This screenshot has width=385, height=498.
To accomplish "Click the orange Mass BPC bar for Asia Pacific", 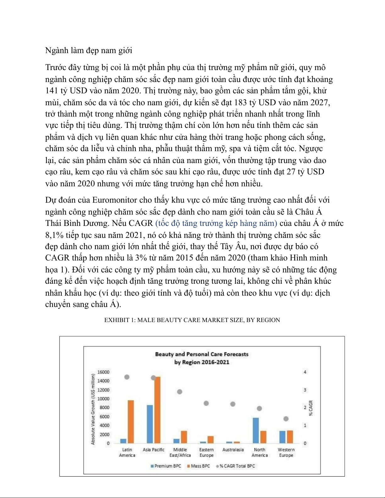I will [x=157, y=410].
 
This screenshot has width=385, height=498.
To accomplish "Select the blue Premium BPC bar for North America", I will [x=256, y=430].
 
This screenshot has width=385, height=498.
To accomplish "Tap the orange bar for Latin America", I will [x=130, y=422].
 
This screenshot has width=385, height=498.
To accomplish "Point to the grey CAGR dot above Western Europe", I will [x=286, y=419].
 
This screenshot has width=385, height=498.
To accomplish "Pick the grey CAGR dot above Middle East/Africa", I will [x=180, y=392].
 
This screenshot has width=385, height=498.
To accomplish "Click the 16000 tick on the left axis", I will [x=103, y=372].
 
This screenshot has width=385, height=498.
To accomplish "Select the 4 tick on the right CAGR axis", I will [x=305, y=372].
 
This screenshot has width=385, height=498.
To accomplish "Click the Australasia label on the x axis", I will [x=233, y=450].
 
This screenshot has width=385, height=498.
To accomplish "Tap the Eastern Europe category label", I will [x=206, y=452].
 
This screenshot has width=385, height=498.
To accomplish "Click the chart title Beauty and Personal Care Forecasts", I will [x=202, y=354].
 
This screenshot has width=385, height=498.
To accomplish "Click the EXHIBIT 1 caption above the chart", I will [x=192, y=320].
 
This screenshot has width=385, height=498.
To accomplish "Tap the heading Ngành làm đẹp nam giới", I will [x=89, y=51].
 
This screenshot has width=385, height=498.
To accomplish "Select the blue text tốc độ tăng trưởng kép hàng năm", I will [x=216, y=223].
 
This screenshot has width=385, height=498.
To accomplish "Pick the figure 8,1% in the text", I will [x=54, y=235].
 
